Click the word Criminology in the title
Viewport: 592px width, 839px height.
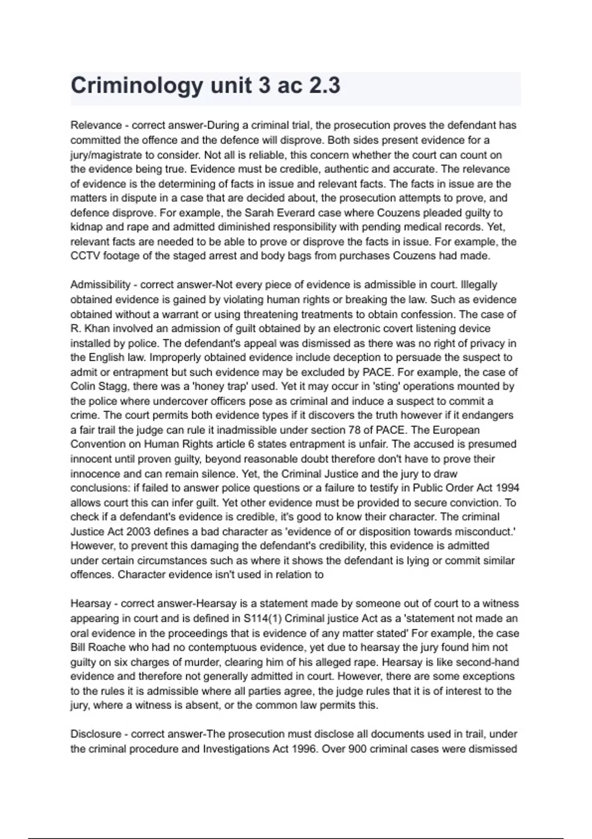coord(136,86)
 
